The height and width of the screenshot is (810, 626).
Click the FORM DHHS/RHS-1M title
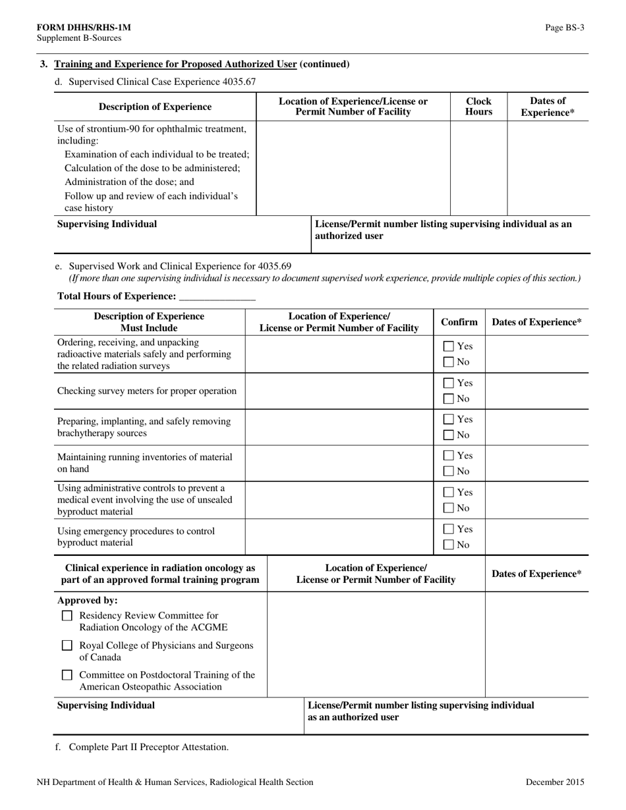tap(84, 27)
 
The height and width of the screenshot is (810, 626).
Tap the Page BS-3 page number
tap(564, 27)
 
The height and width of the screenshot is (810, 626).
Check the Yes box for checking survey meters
tap(448, 383)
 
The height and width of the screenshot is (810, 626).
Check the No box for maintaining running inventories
tap(448, 472)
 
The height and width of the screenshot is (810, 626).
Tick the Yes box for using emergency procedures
tap(448, 529)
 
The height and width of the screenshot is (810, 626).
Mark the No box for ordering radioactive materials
tap(448, 362)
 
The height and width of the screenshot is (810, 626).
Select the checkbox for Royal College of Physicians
tap(67, 646)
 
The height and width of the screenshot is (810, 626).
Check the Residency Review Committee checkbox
tap(67, 616)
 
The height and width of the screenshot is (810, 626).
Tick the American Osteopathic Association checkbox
tap(67, 675)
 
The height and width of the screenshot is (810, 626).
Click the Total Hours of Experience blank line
tap(216, 297)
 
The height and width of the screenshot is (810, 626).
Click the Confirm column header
tap(459, 322)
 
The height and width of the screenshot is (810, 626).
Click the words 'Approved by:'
tap(88, 601)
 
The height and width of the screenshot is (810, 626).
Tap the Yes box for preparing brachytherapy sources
tap(448, 419)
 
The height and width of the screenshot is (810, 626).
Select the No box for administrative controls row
tap(448, 508)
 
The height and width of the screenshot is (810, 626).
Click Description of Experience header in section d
tap(155, 107)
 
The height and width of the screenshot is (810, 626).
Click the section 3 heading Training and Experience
tap(201, 64)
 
